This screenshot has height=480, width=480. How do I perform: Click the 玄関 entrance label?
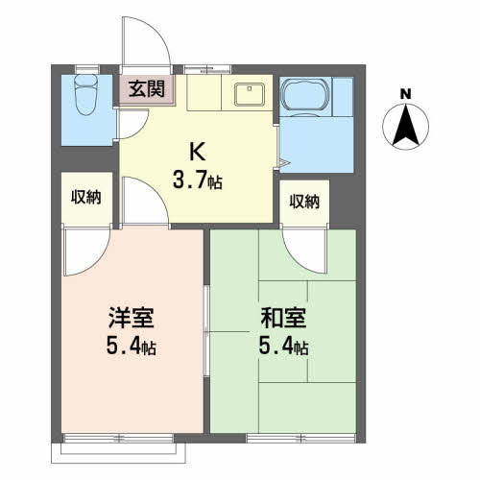[x=147, y=89]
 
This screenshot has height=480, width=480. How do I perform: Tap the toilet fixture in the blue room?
[x=85, y=95]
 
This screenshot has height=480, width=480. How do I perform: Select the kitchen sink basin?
[x=250, y=94]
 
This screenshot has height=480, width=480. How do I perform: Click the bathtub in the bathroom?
[x=305, y=96]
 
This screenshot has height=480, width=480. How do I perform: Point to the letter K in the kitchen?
[x=197, y=152]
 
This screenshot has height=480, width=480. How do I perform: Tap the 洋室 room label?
[x=132, y=318]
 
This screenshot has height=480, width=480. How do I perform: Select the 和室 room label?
[x=283, y=318]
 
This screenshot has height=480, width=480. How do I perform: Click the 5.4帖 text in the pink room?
[x=132, y=347]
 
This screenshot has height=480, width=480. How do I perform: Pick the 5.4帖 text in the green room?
[x=283, y=347]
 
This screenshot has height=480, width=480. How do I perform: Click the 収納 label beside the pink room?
[x=86, y=197]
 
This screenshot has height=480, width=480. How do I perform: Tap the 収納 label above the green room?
[x=304, y=202]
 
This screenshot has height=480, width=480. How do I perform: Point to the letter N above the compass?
[x=405, y=94]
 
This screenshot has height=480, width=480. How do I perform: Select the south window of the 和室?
[x=301, y=438]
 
